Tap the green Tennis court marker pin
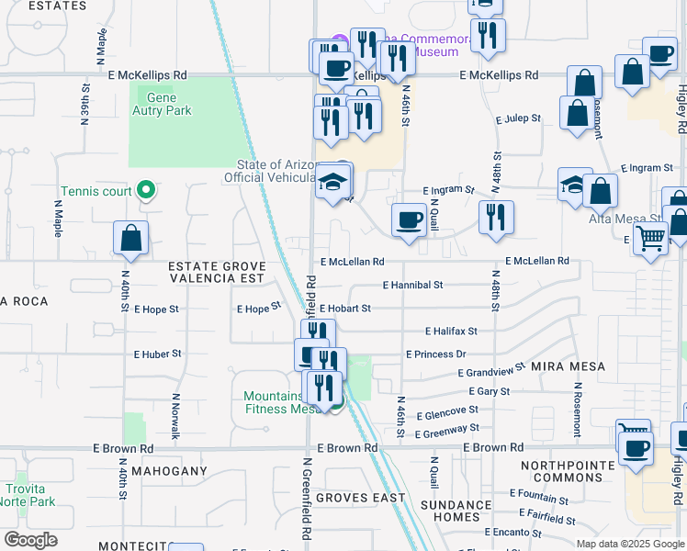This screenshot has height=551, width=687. (145, 191)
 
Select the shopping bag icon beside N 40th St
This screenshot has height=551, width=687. (131, 238)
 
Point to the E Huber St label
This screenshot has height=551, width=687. (157, 354)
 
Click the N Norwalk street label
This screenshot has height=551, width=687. (175, 416)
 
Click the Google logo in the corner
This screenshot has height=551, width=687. (30, 540)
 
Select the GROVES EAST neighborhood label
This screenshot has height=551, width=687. (360, 498)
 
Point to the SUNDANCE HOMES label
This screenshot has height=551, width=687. (456, 512)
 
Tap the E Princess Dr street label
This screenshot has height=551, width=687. (436, 354)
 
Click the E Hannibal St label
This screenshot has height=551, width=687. (412, 286)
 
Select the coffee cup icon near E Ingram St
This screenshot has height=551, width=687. (409, 219)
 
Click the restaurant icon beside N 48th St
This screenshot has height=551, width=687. (496, 218)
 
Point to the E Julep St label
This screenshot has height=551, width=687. (518, 119)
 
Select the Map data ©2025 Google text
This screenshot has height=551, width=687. (629, 544)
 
